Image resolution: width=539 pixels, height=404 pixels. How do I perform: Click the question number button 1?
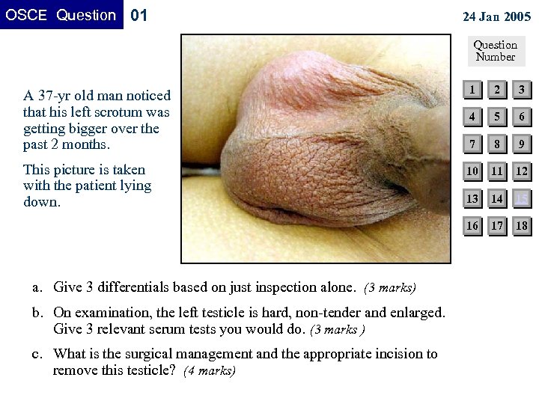point(472,90)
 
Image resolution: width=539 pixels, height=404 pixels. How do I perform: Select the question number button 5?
point(496,117)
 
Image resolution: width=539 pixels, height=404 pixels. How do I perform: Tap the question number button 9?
point(522,144)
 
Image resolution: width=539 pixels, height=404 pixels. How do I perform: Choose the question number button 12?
point(522,171)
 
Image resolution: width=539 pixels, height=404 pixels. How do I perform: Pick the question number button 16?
point(472,225)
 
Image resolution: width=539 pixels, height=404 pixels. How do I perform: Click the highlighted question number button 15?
point(522,198)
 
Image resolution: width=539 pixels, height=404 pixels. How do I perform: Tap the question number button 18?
point(522,225)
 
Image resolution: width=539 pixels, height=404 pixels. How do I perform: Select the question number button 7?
point(472,144)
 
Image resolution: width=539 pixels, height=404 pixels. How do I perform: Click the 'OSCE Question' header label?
point(61,15)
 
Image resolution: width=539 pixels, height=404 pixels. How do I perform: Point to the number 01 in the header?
point(139,15)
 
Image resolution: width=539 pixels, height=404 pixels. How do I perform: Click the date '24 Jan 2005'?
point(496,16)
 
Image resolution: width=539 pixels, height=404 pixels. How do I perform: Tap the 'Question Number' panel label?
point(495,50)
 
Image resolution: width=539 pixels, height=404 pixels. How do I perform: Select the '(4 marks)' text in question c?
point(210,370)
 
